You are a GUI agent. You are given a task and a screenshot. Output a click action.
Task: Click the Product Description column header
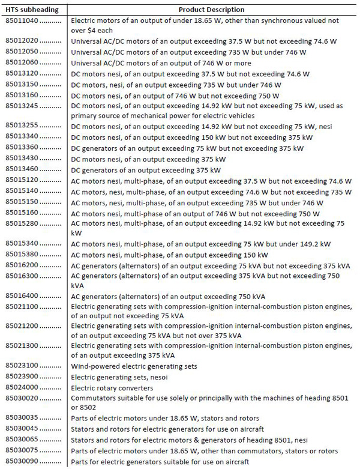[x=212, y=10]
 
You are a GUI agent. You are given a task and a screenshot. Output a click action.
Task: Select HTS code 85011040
[x=22, y=20]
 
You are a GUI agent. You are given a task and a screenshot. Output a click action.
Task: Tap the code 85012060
[x=22, y=63]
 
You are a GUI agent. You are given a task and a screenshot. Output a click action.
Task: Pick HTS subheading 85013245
[x=22, y=106]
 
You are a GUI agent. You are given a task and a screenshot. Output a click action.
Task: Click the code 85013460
[x=22, y=169]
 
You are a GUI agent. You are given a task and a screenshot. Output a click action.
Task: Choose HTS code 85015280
[x=22, y=223]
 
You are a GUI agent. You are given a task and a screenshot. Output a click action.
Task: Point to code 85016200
[x=22, y=265]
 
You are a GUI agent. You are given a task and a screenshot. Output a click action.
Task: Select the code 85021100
[x=22, y=307]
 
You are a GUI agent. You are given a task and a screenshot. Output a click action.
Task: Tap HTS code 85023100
[x=22, y=366]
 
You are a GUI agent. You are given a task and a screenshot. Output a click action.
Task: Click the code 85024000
[x=22, y=387]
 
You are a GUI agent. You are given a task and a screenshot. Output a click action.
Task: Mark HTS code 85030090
[x=22, y=461]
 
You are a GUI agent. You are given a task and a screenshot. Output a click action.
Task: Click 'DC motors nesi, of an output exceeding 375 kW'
[x=148, y=159]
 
